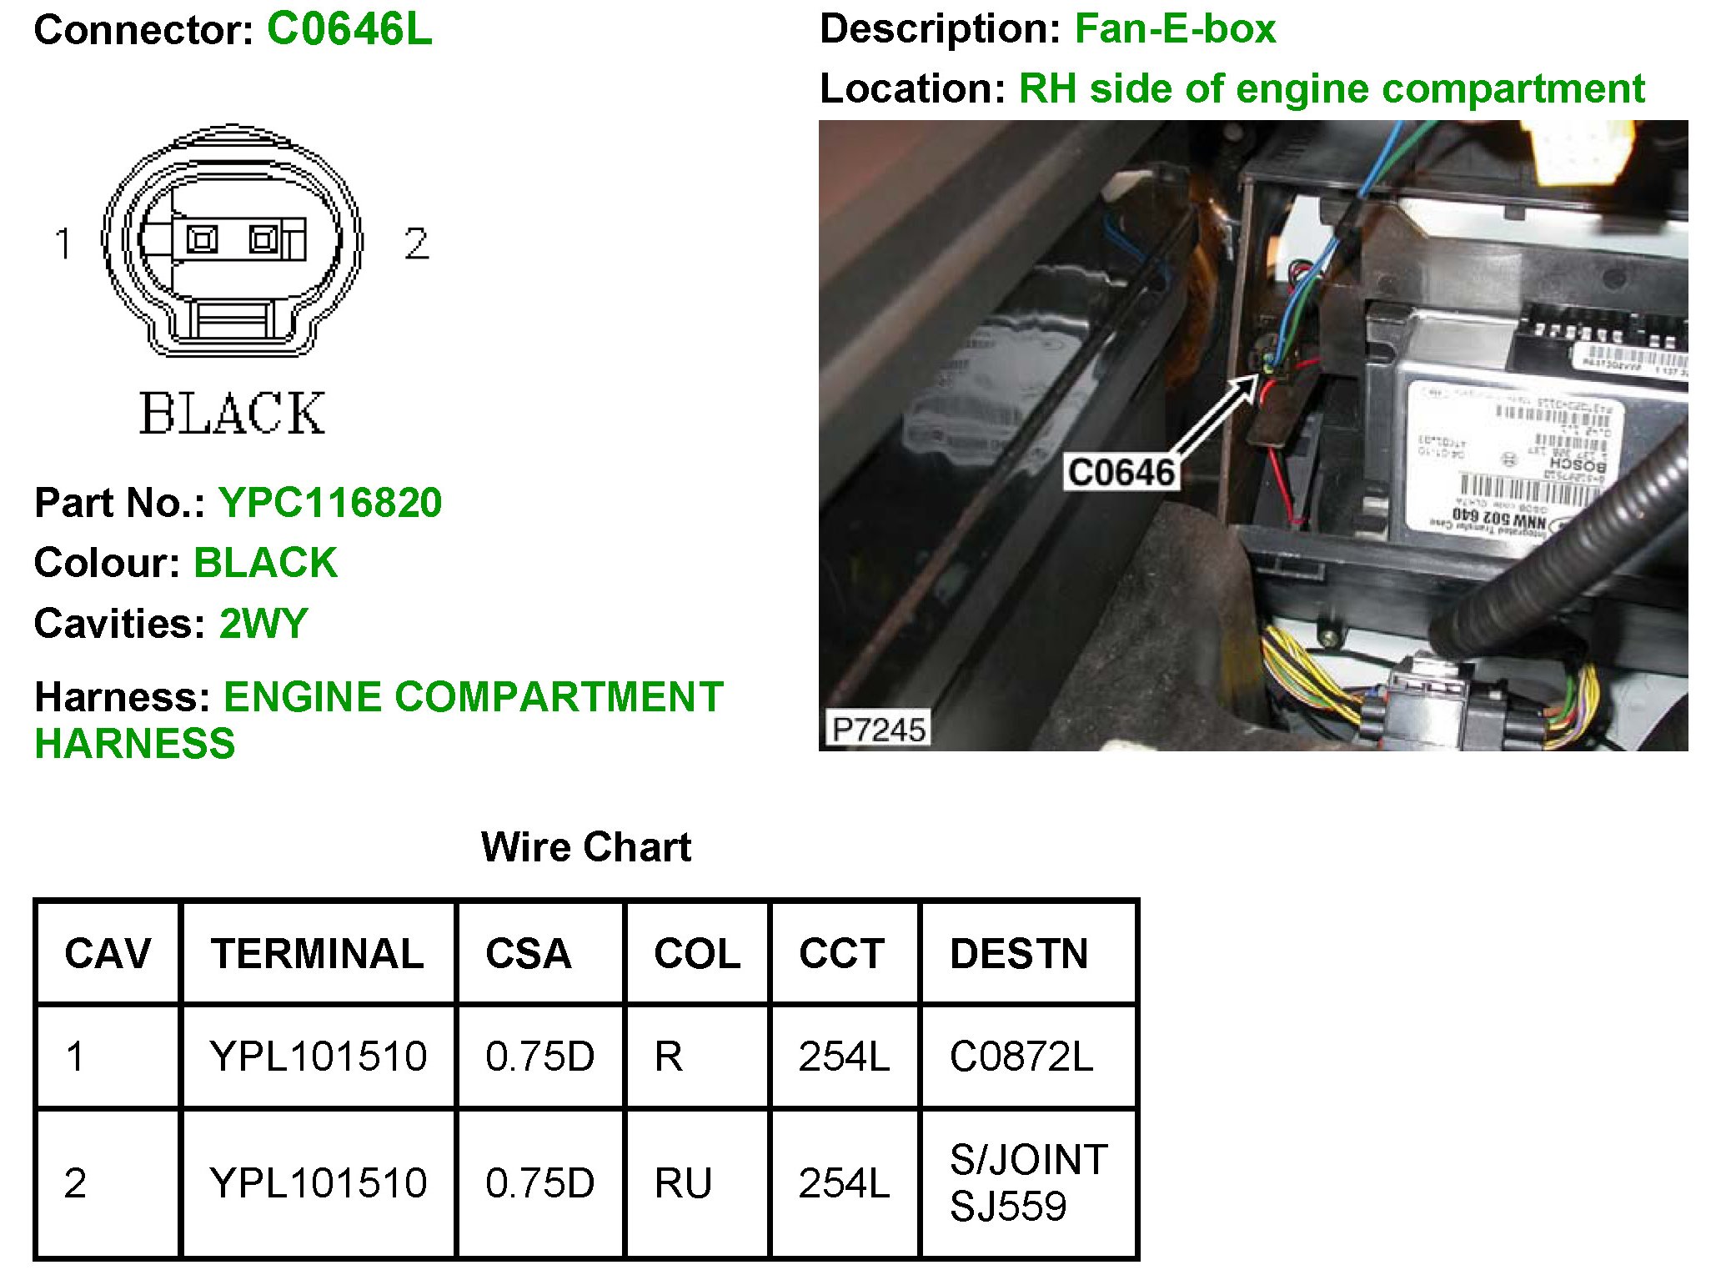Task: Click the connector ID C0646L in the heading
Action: click(349, 29)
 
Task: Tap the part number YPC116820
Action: click(330, 503)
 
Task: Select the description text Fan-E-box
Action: click(1175, 29)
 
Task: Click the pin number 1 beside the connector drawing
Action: click(63, 243)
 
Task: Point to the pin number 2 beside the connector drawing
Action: click(416, 243)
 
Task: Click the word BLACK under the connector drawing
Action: click(232, 414)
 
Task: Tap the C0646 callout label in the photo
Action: click(1121, 473)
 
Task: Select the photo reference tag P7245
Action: click(879, 730)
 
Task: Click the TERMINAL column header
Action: click(317, 953)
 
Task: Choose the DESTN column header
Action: click(1019, 953)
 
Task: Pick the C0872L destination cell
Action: click(1021, 1057)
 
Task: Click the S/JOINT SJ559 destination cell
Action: click(1027, 1182)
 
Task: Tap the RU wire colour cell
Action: click(683, 1183)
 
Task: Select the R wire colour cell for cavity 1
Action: click(669, 1057)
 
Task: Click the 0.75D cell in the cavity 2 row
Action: click(539, 1183)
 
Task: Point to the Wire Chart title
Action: click(586, 847)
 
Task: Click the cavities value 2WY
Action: click(263, 624)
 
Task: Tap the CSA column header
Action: click(529, 953)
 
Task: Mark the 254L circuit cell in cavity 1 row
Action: click(844, 1057)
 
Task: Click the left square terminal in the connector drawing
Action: click(202, 240)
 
